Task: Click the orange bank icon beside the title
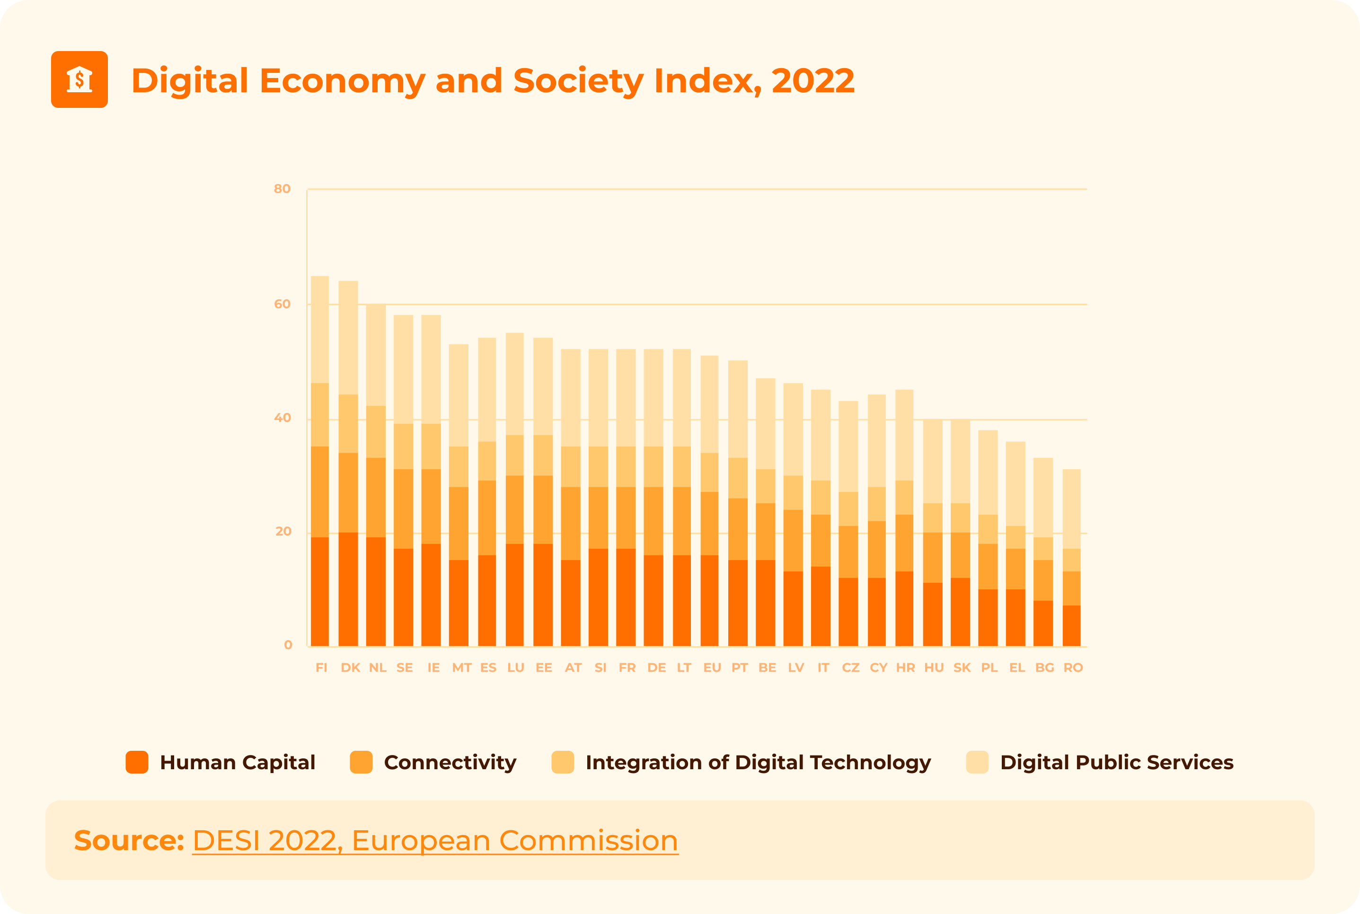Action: [x=79, y=79]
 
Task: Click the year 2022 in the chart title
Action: [x=812, y=80]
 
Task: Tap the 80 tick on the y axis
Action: [x=282, y=189]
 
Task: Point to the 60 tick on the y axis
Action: [x=282, y=304]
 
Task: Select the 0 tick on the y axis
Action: [x=288, y=645]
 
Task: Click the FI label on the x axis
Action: [x=321, y=668]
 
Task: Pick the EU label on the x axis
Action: [x=712, y=668]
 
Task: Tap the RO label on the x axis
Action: [x=1073, y=668]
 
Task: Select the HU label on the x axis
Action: [x=933, y=668]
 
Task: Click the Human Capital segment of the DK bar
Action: [x=348, y=589]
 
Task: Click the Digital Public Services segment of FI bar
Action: [x=319, y=329]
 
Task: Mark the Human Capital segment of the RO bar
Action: [x=1071, y=625]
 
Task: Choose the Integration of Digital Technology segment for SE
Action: [x=403, y=446]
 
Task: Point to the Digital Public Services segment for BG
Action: [x=1043, y=497]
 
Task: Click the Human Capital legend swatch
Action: [x=137, y=762]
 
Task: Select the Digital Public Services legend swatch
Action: [x=977, y=762]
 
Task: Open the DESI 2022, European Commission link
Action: [x=435, y=841]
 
